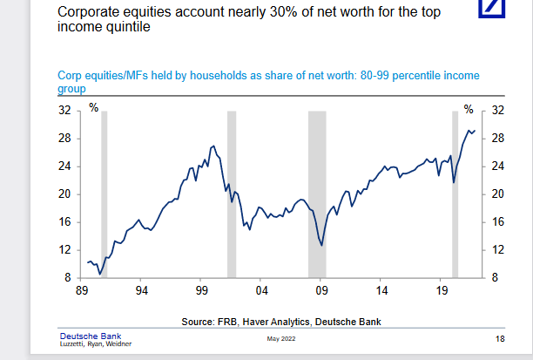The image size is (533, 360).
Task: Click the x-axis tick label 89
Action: coord(82,290)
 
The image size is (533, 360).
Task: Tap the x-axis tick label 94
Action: coord(141,290)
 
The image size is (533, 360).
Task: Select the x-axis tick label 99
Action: coord(201,290)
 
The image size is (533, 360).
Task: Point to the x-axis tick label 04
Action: coord(261,290)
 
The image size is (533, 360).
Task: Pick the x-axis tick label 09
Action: coord(321,290)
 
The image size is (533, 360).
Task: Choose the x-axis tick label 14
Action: coord(381,290)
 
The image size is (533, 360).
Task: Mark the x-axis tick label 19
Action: coord(441,290)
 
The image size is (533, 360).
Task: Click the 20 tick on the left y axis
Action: coord(64,194)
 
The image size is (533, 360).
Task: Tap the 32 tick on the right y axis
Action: coord(498,111)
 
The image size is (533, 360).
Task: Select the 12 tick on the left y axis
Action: coord(64,250)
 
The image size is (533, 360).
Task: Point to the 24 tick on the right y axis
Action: coord(498,166)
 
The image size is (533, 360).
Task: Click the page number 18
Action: coord(499,338)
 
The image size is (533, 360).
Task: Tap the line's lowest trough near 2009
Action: coord(322,245)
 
